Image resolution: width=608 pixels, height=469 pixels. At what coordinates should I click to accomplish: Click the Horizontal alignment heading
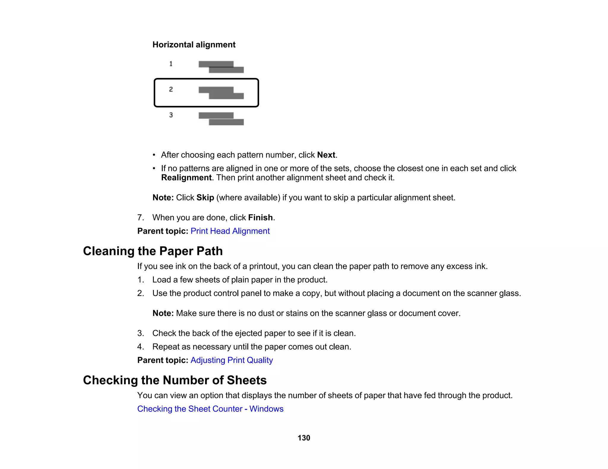click(194, 45)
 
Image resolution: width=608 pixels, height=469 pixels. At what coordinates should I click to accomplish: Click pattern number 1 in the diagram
click(171, 64)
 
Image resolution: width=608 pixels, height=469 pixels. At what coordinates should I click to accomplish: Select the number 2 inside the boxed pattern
click(171, 89)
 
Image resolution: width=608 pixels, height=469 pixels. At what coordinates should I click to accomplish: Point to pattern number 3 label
click(171, 115)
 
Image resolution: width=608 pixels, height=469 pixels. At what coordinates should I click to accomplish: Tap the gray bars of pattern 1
click(221, 67)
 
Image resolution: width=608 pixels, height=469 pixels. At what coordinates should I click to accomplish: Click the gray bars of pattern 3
click(221, 119)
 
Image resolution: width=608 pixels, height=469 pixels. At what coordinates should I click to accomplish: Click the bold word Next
click(326, 155)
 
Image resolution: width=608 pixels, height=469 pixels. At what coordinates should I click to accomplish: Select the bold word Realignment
click(186, 178)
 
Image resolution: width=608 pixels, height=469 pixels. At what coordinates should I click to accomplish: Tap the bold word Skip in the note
click(205, 198)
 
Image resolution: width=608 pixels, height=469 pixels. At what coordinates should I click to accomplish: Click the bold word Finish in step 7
click(260, 218)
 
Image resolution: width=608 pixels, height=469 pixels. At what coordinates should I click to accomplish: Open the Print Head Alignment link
click(230, 231)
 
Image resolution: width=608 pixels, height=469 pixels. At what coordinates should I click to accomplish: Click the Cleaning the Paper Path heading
click(153, 251)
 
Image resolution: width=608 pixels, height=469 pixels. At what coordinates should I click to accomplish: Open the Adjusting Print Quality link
click(232, 360)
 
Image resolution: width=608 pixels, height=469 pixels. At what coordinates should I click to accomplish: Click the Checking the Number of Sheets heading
click(175, 380)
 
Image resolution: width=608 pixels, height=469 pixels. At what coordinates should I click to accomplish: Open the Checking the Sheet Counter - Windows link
click(210, 409)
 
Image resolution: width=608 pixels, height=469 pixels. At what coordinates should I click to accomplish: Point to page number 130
click(304, 438)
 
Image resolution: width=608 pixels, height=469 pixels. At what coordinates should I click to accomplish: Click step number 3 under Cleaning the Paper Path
click(140, 333)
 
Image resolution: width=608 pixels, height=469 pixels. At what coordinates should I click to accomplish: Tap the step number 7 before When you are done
click(140, 218)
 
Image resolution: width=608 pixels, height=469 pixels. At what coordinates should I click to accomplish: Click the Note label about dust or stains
click(163, 313)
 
